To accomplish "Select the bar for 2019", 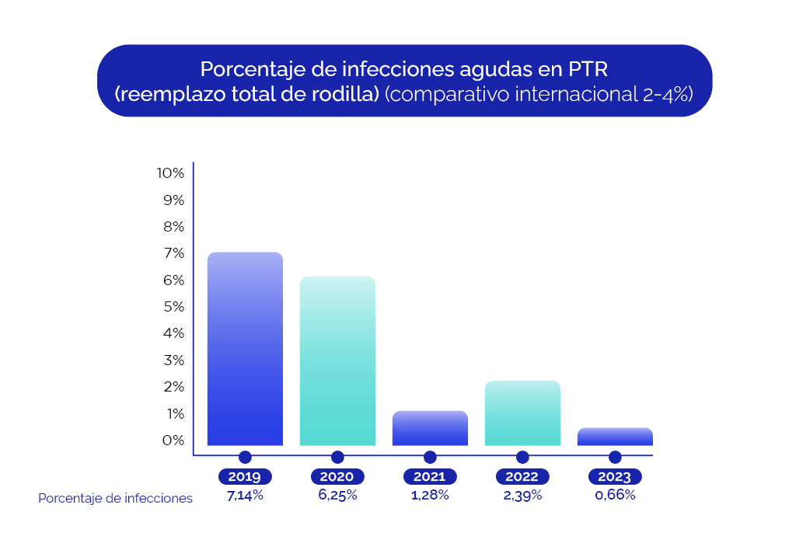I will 245,349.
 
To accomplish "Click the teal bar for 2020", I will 337,361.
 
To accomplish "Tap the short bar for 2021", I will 430,428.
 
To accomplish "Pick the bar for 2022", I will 522,413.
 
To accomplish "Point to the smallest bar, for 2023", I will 615,437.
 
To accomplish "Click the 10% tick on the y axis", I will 170,173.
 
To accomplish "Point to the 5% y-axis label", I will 173,307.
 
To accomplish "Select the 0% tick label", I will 173,440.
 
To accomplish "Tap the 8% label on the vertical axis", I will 173,227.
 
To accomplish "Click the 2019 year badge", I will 245,477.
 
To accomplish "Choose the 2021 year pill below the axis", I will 430,477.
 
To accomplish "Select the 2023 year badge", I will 615,477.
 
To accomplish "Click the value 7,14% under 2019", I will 245,496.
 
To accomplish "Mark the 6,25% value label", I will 337,496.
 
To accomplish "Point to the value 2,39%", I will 522,496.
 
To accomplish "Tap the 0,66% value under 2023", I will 615,496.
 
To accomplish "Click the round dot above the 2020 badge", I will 337,457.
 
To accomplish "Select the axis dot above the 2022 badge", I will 522,457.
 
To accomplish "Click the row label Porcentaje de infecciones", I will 115,499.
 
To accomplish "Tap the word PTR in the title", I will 587,69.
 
